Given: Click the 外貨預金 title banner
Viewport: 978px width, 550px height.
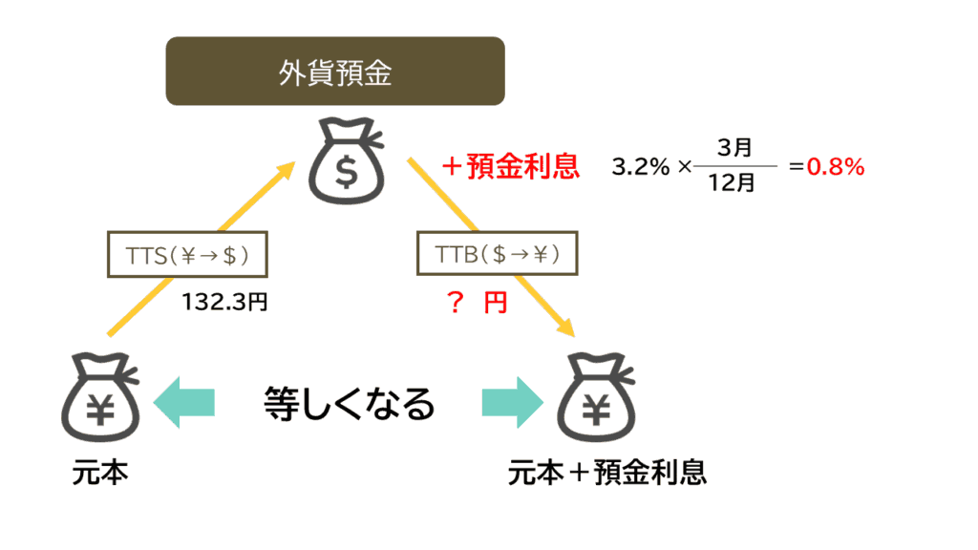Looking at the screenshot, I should [x=335, y=71].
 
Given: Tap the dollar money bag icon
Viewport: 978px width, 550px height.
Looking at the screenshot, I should [x=346, y=165].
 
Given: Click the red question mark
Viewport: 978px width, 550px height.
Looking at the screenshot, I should [x=455, y=304].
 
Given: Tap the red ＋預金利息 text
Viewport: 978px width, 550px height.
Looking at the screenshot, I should [x=510, y=167].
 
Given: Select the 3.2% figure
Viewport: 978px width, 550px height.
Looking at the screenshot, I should [x=641, y=167].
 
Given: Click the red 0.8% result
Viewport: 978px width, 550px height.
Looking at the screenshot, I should [x=836, y=167].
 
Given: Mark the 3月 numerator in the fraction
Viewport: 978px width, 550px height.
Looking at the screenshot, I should [x=733, y=148].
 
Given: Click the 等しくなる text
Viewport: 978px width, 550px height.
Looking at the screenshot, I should [x=349, y=404].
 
